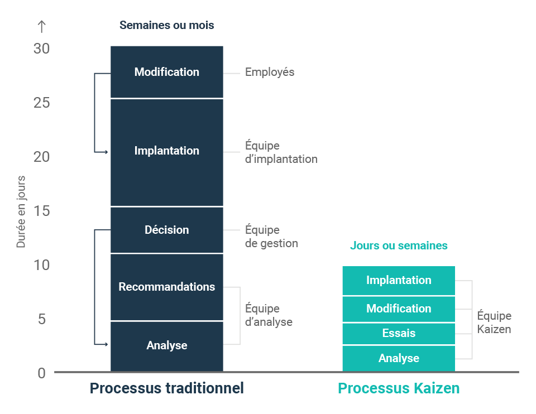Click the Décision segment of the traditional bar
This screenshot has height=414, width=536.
pos(167,230)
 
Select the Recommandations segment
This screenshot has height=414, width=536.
pos(167,287)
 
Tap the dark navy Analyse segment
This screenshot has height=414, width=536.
pos(167,346)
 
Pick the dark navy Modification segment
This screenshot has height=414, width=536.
pos(167,72)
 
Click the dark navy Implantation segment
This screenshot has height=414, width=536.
pos(167,152)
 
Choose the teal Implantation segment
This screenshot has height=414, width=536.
pos(399,281)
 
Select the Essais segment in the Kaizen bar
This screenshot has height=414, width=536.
pos(399,334)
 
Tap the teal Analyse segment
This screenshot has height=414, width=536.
pos(399,358)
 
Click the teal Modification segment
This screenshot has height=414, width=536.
pos(399,309)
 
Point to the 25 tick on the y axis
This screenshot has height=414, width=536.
pos(42,103)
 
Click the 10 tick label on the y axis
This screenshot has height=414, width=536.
pos(42,265)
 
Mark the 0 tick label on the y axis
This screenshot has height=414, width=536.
pos(42,373)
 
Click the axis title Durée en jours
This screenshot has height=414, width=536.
pos(21,212)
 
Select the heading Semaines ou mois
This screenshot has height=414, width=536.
pos(167,25)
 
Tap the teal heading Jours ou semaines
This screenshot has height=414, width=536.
pos(399,245)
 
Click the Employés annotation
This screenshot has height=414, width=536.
pos(270,72)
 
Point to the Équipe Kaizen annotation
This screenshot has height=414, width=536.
pos(494,322)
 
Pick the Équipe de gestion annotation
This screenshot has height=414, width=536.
pos(271,237)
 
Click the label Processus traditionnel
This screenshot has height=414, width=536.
pos(167,388)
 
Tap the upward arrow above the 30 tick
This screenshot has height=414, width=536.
pos(42,27)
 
